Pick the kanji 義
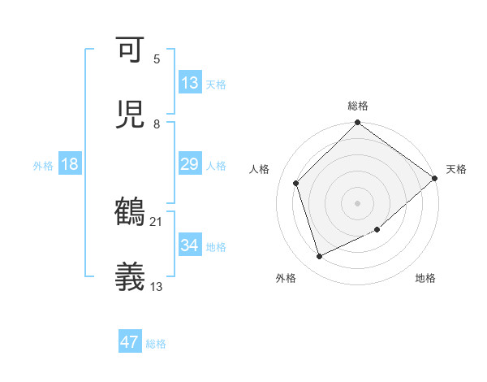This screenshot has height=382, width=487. point(131,277)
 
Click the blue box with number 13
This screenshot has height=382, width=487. point(190,82)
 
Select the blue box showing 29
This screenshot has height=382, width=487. point(190,164)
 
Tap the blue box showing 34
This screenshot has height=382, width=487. point(190,245)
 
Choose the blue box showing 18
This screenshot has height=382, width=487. point(70,164)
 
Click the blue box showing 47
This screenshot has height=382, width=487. point(130,342)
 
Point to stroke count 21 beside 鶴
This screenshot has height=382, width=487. point(157,221)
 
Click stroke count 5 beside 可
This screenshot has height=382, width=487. point(157,59)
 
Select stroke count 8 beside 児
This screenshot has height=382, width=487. point(157,124)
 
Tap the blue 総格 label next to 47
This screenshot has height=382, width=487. point(157,344)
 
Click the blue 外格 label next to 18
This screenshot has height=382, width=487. point(43,165)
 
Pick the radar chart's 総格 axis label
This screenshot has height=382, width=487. point(358,106)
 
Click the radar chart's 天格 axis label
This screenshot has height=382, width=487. point(456,169)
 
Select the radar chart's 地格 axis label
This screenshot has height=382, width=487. point(425,278)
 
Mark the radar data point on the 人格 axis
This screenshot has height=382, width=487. point(296,183)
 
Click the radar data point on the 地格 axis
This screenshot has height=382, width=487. point(377,229)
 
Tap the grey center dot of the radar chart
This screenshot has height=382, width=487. point(358,202)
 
